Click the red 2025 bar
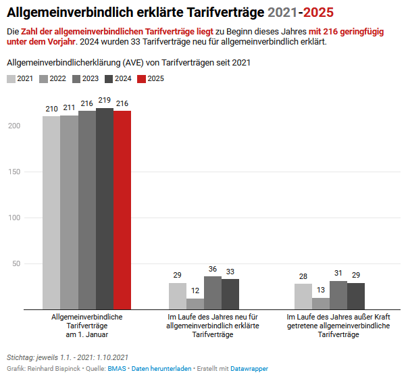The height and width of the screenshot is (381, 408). (122, 209)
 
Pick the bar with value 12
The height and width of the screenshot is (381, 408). (195, 303)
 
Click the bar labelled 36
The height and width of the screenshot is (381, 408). (213, 293)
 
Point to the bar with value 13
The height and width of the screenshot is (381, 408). (321, 303)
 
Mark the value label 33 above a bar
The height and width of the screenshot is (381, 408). (230, 272)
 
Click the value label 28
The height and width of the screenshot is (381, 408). (303, 276)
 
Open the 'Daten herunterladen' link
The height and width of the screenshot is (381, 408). (161, 369)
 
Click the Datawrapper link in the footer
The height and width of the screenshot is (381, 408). (249, 369)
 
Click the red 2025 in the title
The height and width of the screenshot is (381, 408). (317, 12)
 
